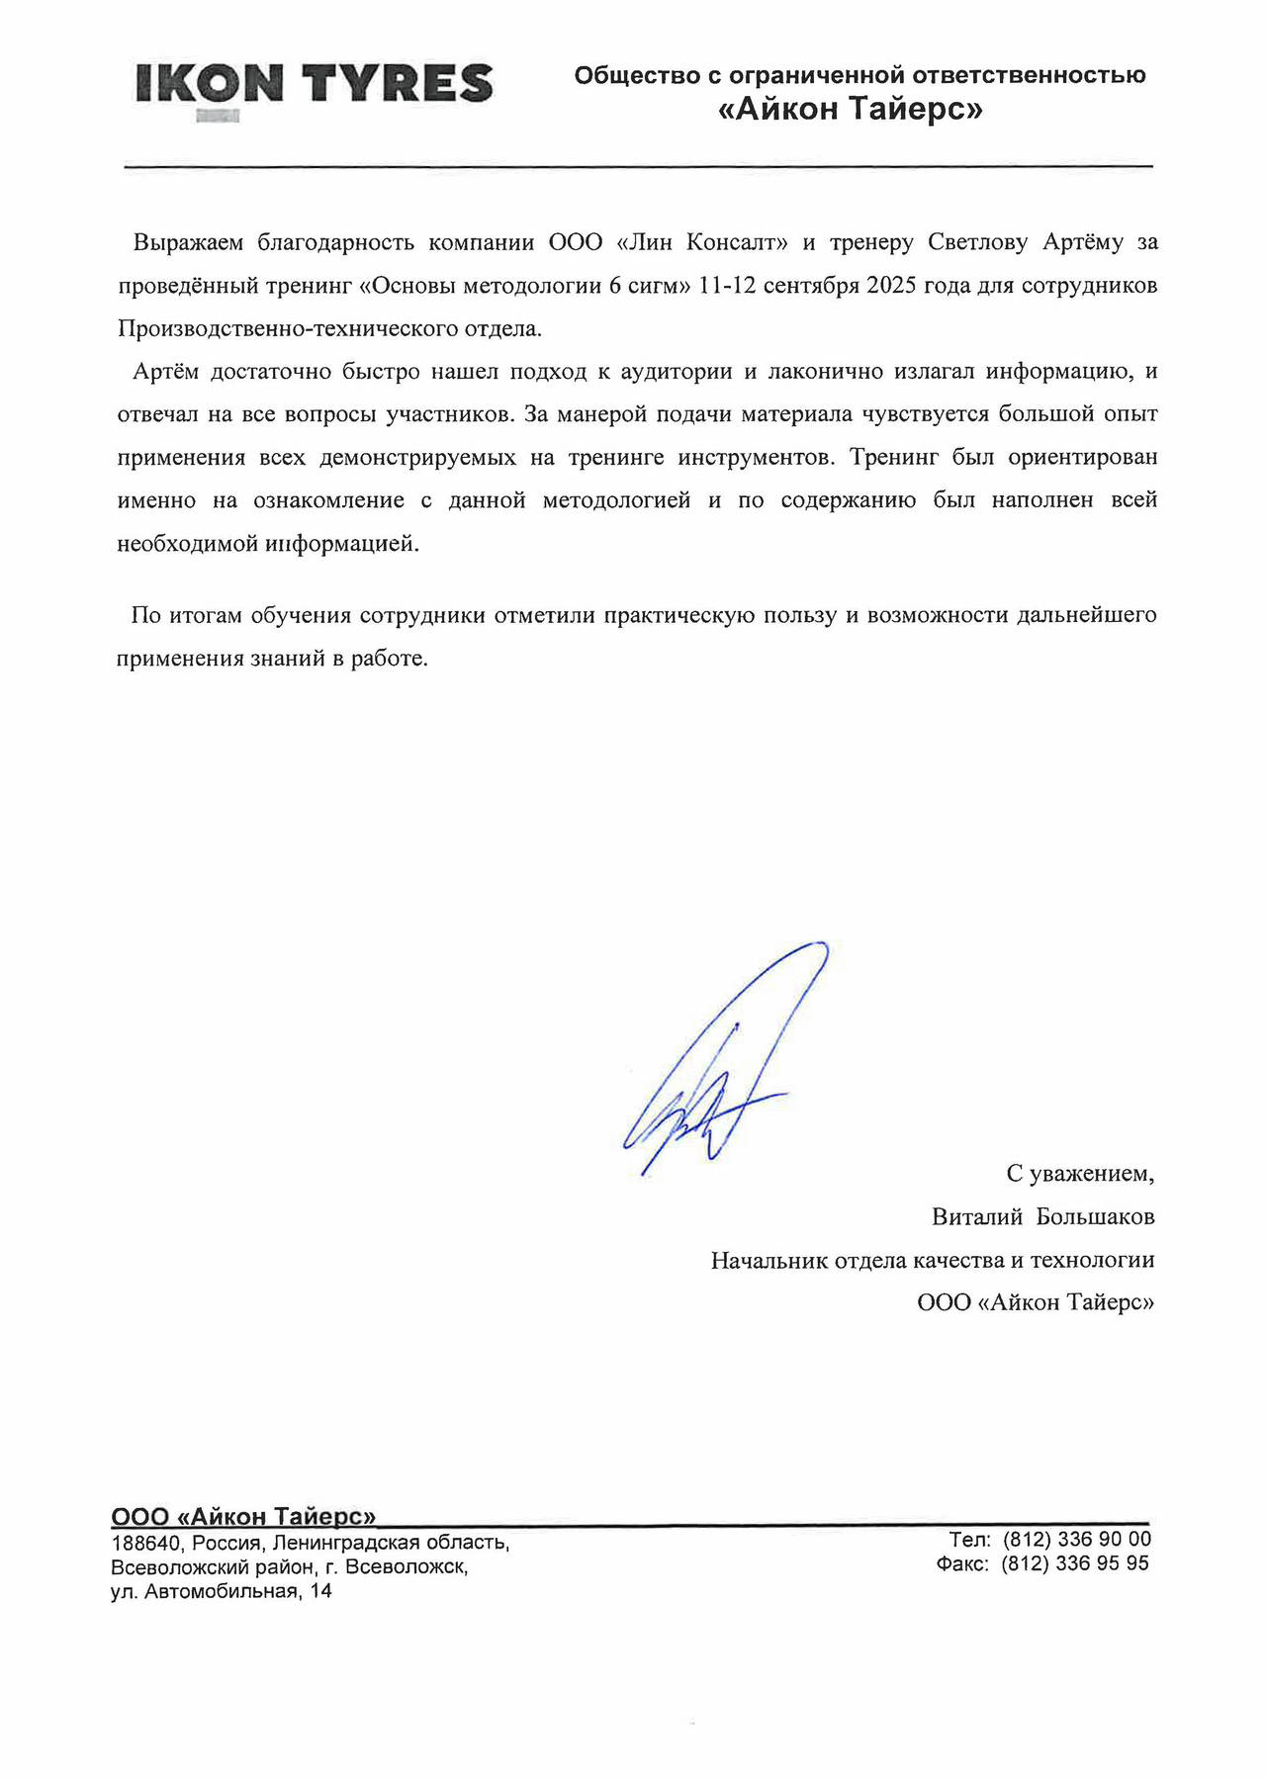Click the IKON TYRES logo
(314, 85)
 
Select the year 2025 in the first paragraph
(891, 286)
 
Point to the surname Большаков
(1095, 1217)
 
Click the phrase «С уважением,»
(1080, 1174)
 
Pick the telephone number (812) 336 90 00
(1076, 1540)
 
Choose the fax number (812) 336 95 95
(1075, 1564)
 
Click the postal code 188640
(144, 1544)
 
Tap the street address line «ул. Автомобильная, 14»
(222, 1592)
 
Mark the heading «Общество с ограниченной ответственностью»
(859, 75)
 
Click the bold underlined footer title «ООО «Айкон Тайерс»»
(243, 1517)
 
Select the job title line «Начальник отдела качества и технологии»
(932, 1261)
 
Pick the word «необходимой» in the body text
(185, 545)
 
